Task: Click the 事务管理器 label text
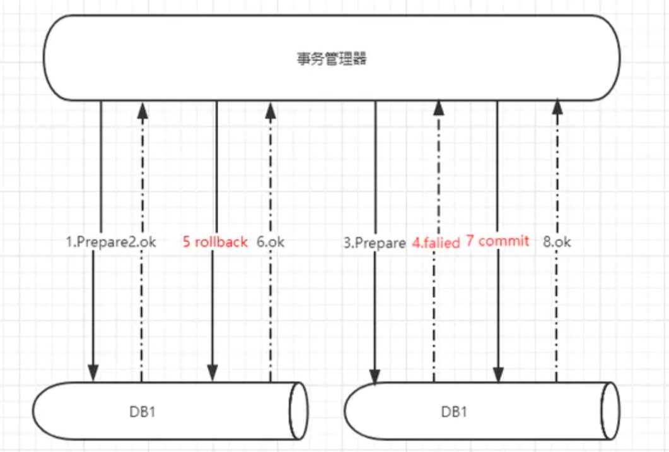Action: [332, 59]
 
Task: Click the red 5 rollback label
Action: [215, 241]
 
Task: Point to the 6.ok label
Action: [271, 242]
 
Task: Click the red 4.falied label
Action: [436, 242]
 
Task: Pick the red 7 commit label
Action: [497, 241]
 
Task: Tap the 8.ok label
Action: [557, 241]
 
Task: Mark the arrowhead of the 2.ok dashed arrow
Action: [143, 111]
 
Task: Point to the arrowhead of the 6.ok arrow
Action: [271, 111]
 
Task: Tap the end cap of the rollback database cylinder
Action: [298, 410]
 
